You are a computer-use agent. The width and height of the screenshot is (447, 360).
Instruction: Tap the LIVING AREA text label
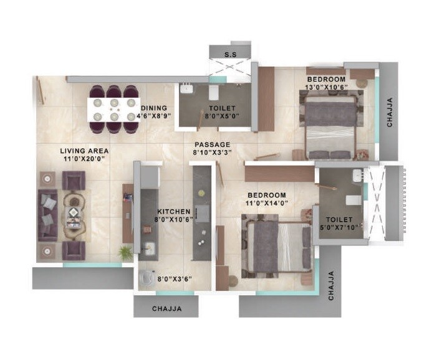pos(85,151)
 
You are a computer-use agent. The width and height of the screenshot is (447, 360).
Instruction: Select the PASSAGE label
pos(212,144)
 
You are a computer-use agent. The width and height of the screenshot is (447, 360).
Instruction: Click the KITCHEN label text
pos(173,211)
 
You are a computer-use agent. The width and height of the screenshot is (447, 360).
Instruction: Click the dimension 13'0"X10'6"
pos(326,88)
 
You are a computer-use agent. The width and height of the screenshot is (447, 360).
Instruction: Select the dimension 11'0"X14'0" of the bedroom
pos(267,204)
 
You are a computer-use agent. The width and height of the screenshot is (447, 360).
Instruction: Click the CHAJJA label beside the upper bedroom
pos(390,112)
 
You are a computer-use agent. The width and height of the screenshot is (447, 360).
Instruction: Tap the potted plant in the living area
pos(126,252)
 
